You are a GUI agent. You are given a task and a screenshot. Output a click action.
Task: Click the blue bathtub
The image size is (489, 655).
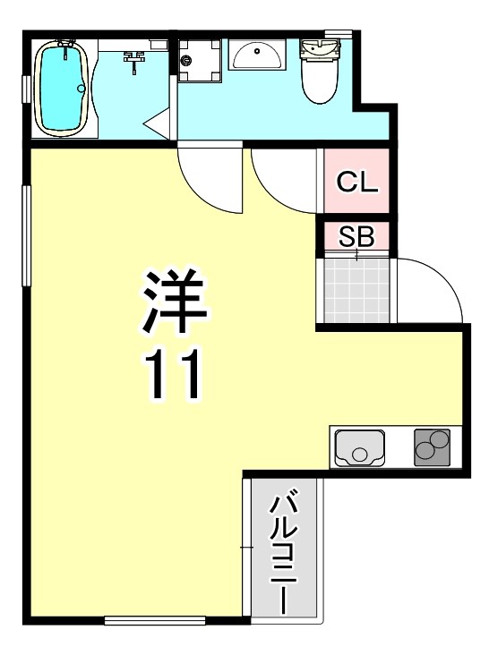point(61,88)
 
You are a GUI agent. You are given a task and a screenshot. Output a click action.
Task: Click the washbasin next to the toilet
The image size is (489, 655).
point(257,56)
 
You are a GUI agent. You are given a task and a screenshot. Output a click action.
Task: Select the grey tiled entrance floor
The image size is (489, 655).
point(356,289)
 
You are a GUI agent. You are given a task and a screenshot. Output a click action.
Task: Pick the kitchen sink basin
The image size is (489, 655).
point(359,447)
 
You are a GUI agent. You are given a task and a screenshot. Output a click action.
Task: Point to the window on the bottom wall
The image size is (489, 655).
point(155,619)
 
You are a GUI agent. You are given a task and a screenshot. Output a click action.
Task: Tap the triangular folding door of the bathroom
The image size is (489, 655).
point(156,124)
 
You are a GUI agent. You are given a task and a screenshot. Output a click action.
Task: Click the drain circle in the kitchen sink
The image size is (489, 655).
point(359,454)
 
